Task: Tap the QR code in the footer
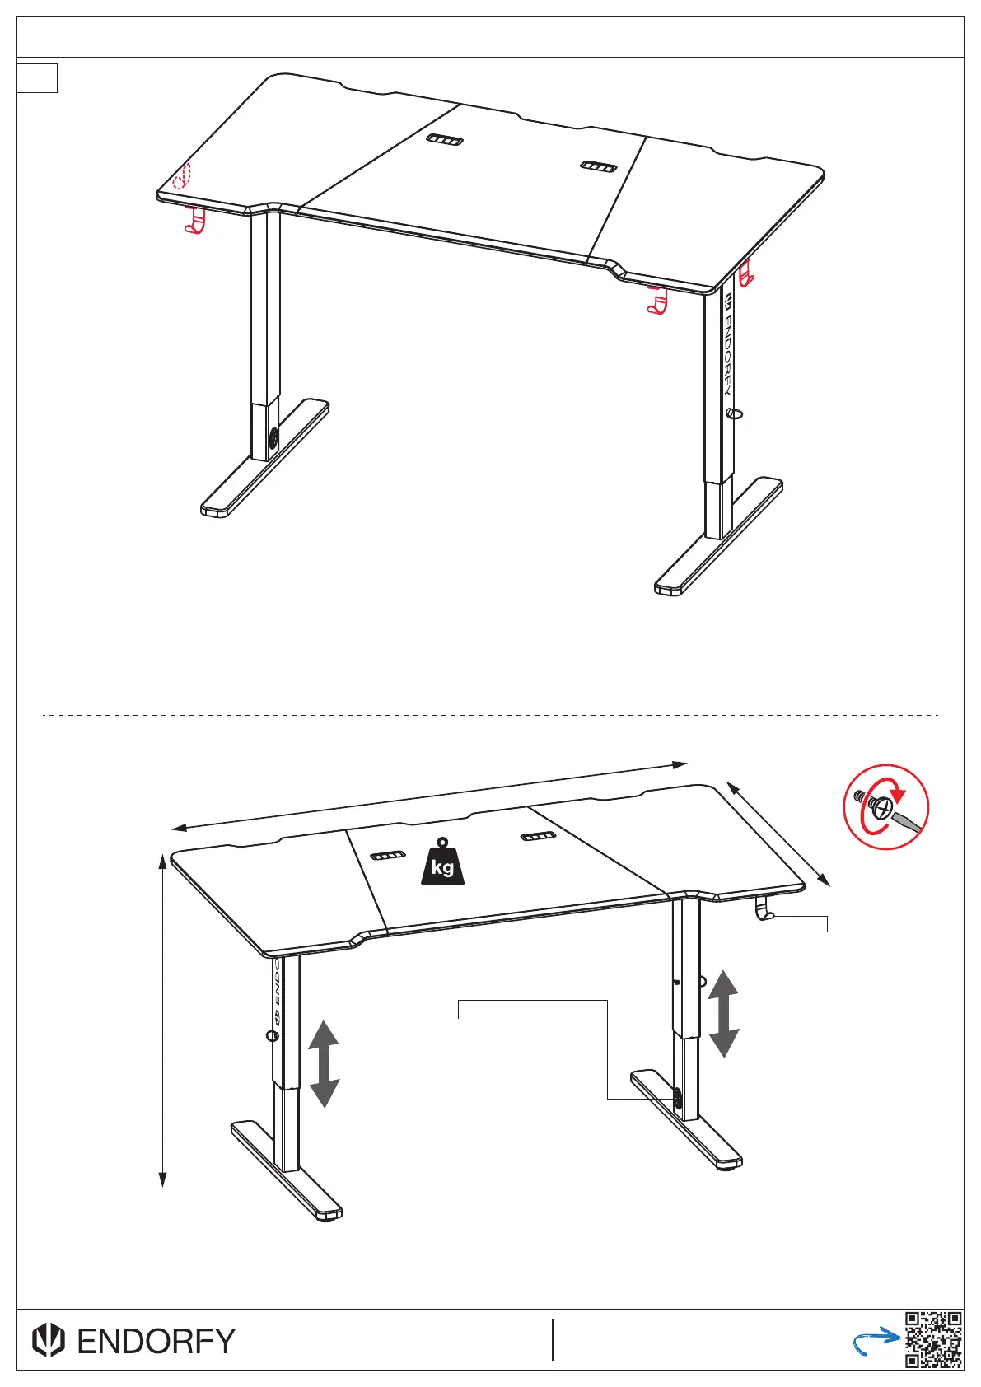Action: tap(933, 1339)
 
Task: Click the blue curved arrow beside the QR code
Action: tap(875, 1341)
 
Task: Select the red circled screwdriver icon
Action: tap(885, 806)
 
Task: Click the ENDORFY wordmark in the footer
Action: tap(156, 1341)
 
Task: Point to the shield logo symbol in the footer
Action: tap(49, 1341)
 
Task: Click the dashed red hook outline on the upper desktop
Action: tap(181, 176)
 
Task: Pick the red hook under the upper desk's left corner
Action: tap(194, 221)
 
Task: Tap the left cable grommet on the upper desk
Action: tap(444, 140)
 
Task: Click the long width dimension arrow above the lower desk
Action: tap(429, 796)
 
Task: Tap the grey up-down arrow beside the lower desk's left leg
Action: tap(324, 1064)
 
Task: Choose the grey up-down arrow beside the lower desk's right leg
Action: tap(723, 1014)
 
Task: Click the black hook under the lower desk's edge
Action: tap(764, 909)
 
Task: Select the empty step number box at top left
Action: tap(37, 78)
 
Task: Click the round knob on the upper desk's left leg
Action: tap(273, 438)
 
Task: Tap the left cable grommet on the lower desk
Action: tap(388, 856)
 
